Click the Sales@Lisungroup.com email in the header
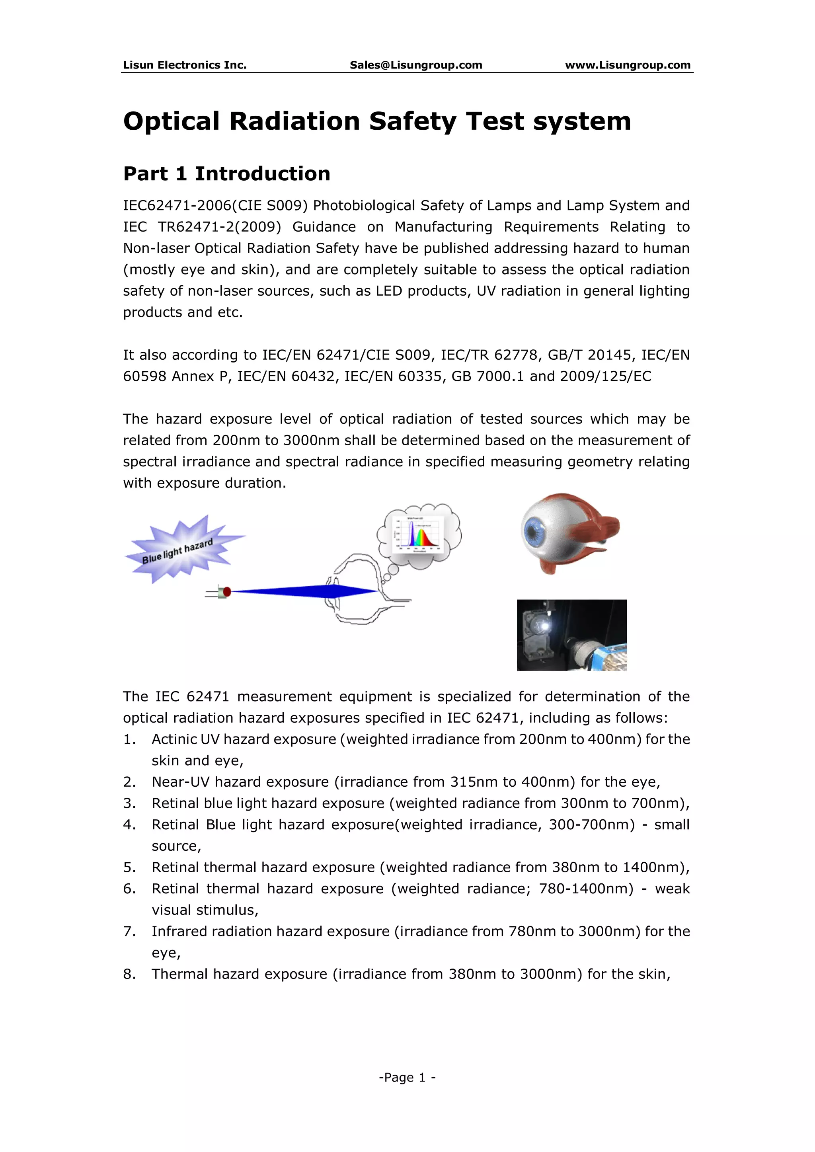415,65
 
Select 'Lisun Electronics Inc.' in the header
185,65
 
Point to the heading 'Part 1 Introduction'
227,173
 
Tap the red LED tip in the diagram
227,592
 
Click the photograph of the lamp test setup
571,635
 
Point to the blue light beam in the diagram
301,592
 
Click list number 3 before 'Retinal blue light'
129,803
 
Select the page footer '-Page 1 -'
407,1077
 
